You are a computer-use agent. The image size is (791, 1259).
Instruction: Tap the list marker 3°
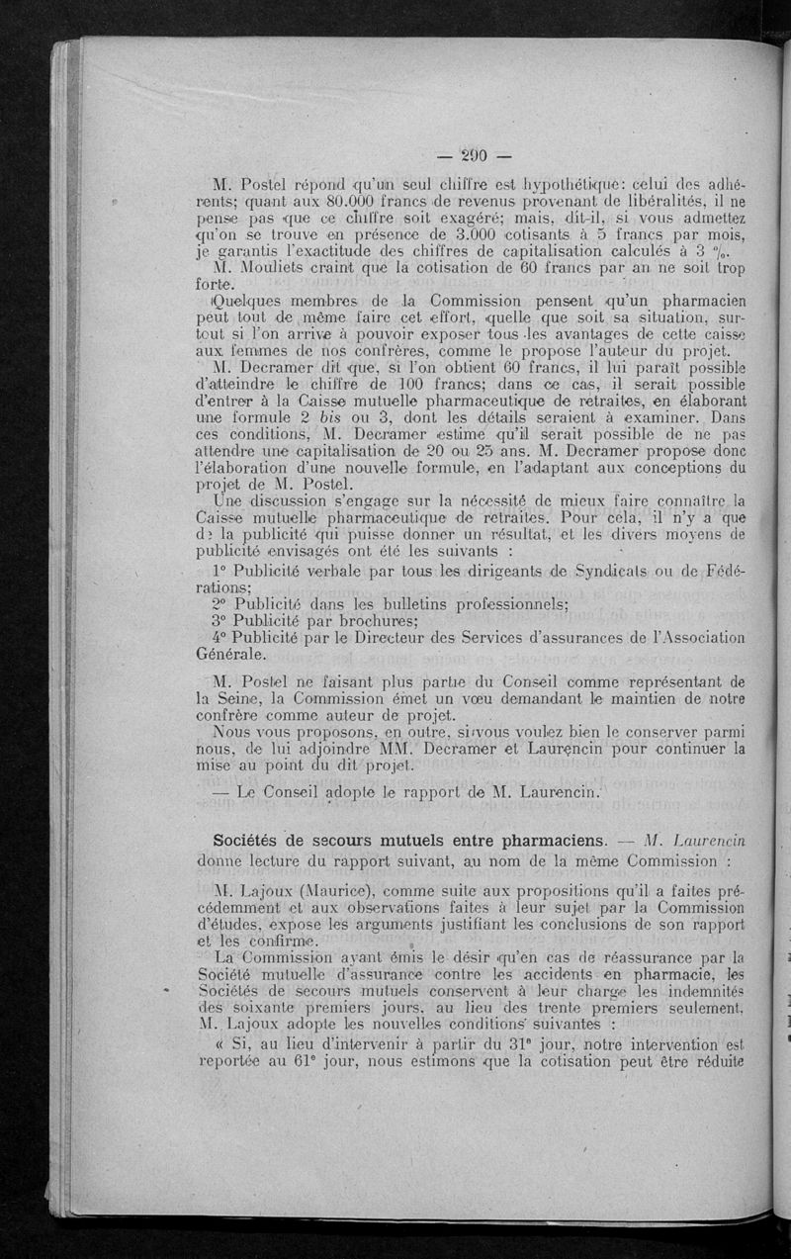222,622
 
